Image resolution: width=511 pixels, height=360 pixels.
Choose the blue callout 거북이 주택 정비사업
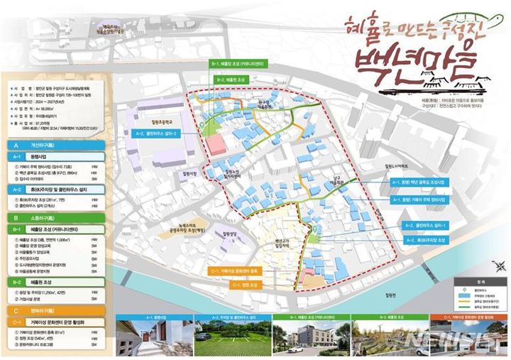419,200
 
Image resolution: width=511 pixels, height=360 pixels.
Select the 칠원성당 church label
228,233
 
